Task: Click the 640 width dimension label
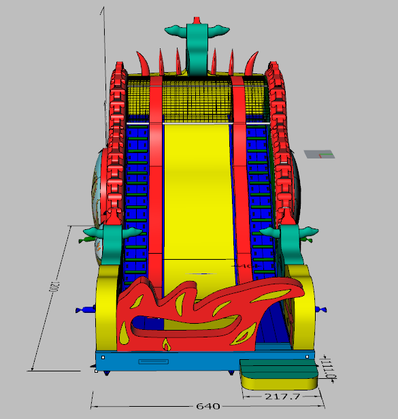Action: [x=208, y=406]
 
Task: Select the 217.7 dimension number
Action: [x=282, y=397]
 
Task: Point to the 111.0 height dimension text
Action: [x=331, y=369]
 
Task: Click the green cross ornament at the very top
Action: [x=197, y=46]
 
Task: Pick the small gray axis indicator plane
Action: [x=319, y=154]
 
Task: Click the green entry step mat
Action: [x=279, y=369]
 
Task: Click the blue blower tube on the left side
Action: [x=85, y=310]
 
